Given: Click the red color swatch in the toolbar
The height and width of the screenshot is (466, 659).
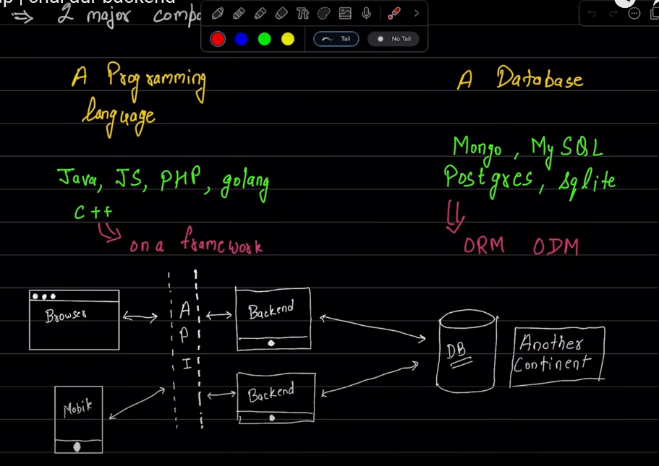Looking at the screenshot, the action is tap(218, 39).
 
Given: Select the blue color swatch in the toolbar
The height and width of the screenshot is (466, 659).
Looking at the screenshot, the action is tap(241, 39).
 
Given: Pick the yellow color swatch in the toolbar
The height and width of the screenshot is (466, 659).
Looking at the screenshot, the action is tap(287, 39).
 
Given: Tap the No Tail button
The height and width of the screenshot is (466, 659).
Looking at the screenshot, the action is tap(395, 39).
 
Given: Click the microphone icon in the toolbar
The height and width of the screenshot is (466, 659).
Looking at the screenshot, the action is tap(367, 14).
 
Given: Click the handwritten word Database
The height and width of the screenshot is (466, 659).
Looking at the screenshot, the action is tap(539, 79).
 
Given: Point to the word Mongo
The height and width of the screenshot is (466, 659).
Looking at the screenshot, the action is tap(477, 147).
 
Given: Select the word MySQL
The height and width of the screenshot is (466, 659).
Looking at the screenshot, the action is tap(566, 147).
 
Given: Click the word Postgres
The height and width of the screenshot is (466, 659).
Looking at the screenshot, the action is tap(488, 178).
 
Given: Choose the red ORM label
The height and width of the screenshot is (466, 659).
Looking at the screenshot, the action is tap(484, 246).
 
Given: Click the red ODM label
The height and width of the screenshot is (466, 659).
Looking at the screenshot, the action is tap(556, 246).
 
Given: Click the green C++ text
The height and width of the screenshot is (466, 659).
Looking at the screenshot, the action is tap(93, 212).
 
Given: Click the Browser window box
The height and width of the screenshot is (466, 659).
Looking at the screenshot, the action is tap(74, 319).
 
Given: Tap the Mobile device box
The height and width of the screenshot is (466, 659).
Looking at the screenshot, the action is tap(78, 419).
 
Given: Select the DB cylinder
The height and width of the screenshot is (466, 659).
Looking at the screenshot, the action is tap(467, 352).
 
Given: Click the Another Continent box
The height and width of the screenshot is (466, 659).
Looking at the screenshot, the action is tap(558, 353).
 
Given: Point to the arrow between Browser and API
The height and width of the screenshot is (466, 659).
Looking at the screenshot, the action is tap(140, 316).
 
